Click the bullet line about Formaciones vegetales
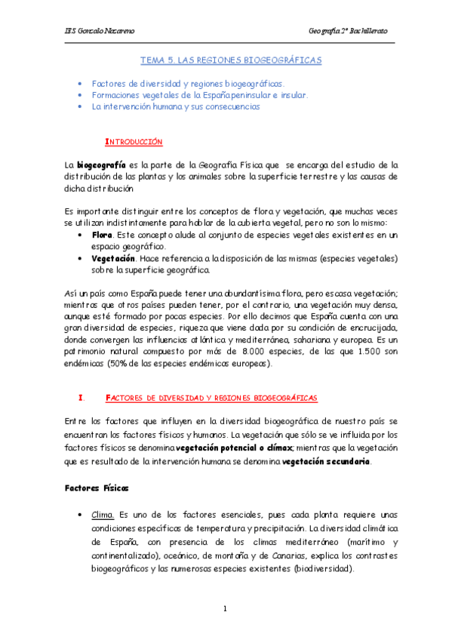coord(199,95)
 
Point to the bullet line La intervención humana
coord(175,107)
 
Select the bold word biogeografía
coord(101,164)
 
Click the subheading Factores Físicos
coord(97,487)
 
